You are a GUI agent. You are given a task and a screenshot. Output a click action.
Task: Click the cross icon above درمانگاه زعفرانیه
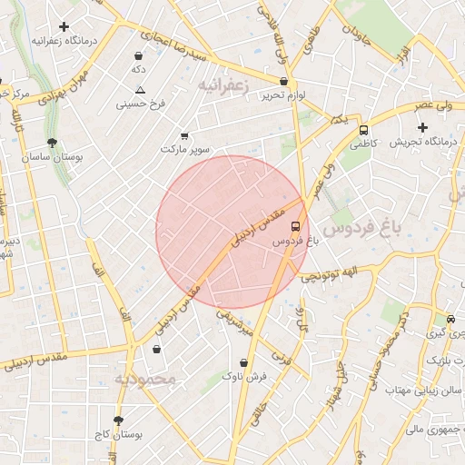(x=63, y=27)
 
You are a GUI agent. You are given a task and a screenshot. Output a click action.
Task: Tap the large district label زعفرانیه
(x=222, y=84)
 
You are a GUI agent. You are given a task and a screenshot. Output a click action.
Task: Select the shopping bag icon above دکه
(x=138, y=54)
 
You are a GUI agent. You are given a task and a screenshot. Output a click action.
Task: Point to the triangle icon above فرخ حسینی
(x=140, y=90)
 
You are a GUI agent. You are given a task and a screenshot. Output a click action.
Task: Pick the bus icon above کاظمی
(x=363, y=130)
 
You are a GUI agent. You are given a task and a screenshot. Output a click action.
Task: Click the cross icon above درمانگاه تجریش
(x=422, y=126)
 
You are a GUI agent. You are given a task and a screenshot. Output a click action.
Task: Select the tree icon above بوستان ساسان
(x=52, y=143)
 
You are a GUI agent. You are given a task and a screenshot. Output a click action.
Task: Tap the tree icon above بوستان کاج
(x=117, y=420)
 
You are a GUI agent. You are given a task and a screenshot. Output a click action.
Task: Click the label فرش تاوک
(x=247, y=375)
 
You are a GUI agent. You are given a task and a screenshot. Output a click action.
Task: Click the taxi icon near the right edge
(x=450, y=319)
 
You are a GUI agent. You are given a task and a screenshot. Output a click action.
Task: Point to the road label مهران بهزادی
(x=56, y=94)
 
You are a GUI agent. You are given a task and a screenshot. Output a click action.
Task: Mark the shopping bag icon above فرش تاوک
(x=243, y=363)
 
